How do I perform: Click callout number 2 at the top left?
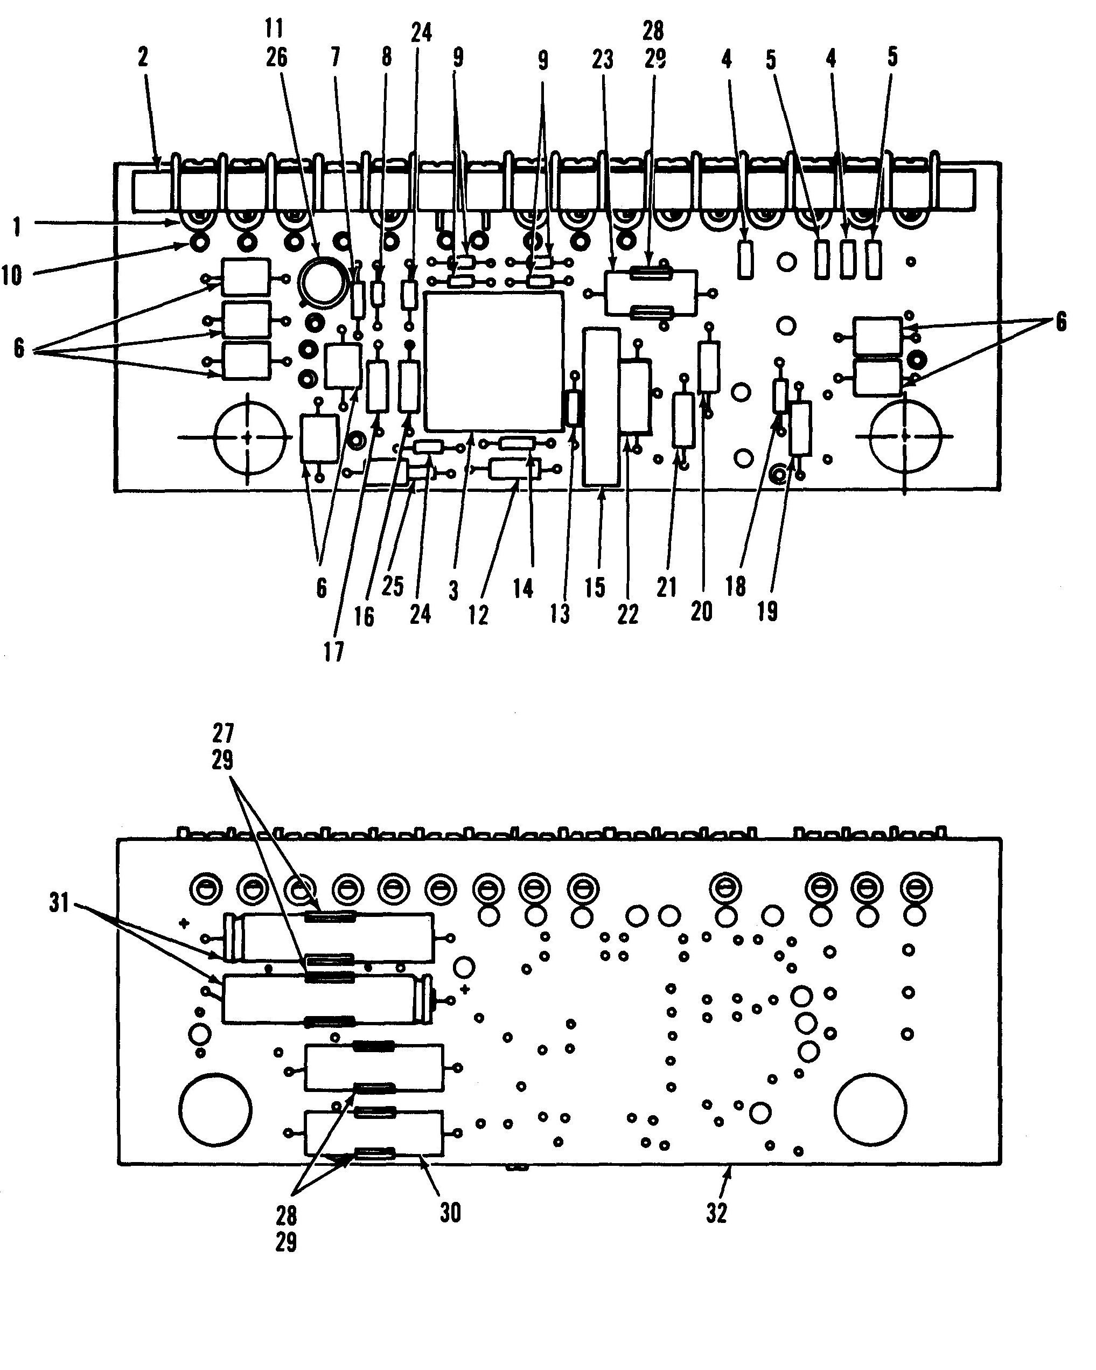tap(143, 57)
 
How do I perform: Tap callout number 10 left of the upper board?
tap(12, 276)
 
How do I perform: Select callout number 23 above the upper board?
tap(603, 60)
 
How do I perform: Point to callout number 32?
tap(717, 1213)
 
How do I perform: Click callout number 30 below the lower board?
tap(450, 1212)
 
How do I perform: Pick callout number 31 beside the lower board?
tap(59, 903)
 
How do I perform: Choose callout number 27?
tap(223, 733)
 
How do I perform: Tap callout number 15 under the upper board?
tap(595, 588)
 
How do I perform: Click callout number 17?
tap(333, 651)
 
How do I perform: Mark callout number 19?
tap(767, 611)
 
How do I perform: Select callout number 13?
tap(560, 614)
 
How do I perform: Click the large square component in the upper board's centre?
tap(494, 361)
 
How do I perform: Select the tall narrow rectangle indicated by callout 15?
tap(601, 407)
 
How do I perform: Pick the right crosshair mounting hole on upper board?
tap(905, 436)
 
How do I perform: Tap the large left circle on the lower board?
tap(216, 1109)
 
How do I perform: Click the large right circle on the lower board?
tap(870, 1109)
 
